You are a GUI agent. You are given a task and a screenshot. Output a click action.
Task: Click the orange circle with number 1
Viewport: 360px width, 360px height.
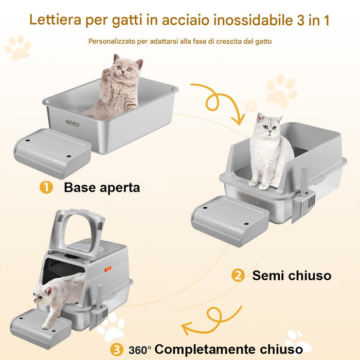coord(46,187)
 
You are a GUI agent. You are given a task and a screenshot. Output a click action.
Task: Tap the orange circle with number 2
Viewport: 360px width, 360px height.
coord(238,276)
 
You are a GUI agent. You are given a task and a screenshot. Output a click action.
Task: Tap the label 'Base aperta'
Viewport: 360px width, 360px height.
coord(102,187)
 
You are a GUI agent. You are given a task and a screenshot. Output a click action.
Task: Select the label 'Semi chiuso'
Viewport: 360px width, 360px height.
coord(292,276)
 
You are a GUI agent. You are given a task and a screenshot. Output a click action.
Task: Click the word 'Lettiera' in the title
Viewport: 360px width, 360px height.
coord(55,20)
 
